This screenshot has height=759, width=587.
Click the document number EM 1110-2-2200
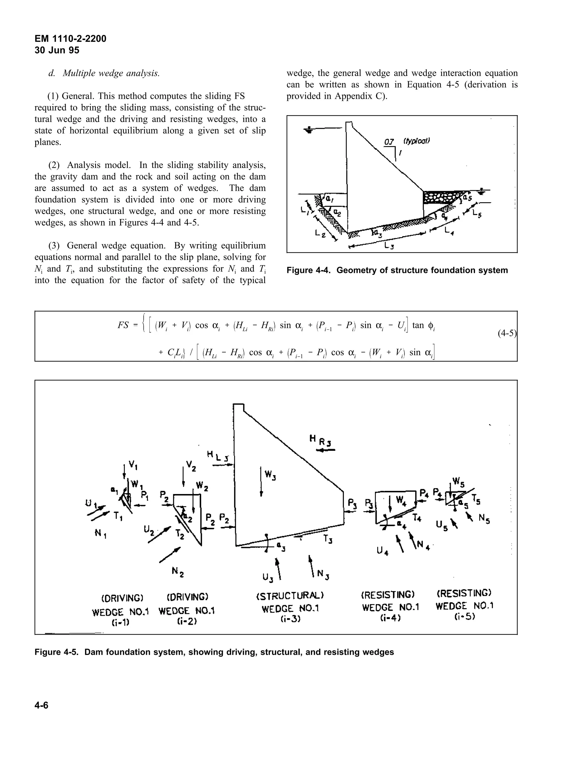point(70,39)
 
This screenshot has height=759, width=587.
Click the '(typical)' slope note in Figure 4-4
point(416,141)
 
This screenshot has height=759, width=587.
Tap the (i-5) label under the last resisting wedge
point(464,617)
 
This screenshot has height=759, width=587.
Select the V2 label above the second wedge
point(191,465)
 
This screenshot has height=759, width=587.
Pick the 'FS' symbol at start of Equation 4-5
point(123,325)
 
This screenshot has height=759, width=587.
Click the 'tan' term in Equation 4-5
point(418,325)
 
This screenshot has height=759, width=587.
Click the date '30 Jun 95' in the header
point(57,50)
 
